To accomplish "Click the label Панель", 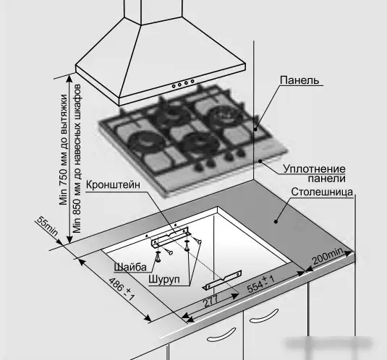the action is pyautogui.click(x=299, y=80).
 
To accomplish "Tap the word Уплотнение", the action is pyautogui.click(x=314, y=169).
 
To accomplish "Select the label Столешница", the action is pyautogui.click(x=322, y=192).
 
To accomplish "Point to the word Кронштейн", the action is pyautogui.click(x=113, y=184).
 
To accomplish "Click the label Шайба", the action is pyautogui.click(x=130, y=267).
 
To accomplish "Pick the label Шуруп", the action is pyautogui.click(x=164, y=280).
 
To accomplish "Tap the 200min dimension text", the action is pyautogui.click(x=328, y=256).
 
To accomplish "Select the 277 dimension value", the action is pyautogui.click(x=210, y=301).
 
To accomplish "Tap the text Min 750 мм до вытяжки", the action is pyautogui.click(x=64, y=150).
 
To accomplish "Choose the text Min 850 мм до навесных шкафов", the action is pyautogui.click(x=77, y=159).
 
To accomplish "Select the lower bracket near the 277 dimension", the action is pyautogui.click(x=222, y=280).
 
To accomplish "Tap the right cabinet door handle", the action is pyautogui.click(x=264, y=316).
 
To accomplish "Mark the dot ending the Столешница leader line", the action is pyautogui.click(x=276, y=221).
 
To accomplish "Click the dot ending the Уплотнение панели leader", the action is pyautogui.click(x=260, y=161).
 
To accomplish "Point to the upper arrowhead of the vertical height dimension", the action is pyautogui.click(x=69, y=78).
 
